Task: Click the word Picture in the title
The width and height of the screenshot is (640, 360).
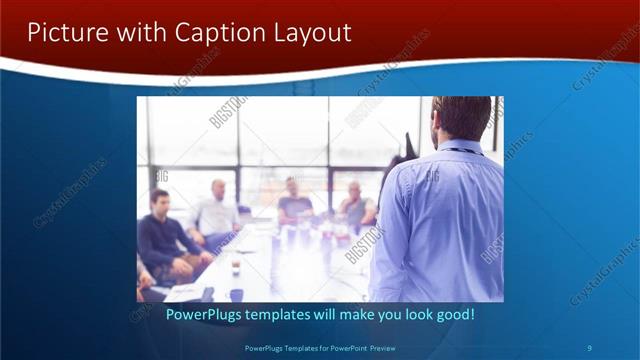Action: coord(63,32)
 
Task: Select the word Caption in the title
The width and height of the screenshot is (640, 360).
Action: coord(219,32)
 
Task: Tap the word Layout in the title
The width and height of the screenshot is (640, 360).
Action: coord(311,32)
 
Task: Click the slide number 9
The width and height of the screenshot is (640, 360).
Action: coord(589,348)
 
